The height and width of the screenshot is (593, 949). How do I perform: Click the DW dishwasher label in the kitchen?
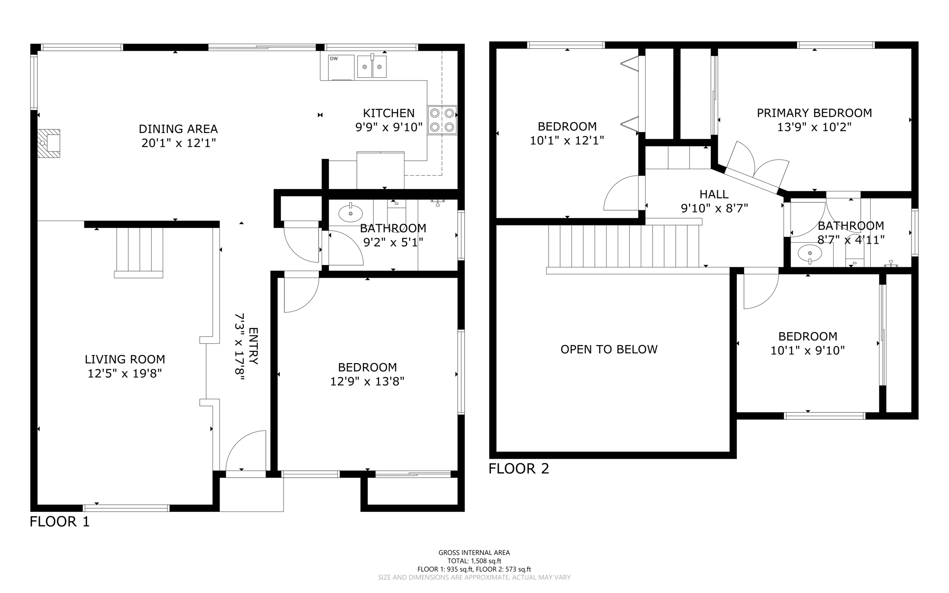click(x=334, y=58)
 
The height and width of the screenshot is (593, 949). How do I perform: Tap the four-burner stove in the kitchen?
click(x=442, y=120)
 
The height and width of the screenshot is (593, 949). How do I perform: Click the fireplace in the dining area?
click(x=49, y=143)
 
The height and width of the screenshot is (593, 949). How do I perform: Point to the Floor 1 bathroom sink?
click(x=350, y=214)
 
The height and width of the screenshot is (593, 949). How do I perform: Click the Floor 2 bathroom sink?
click(x=810, y=253)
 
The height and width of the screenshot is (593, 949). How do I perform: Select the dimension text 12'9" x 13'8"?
click(x=367, y=381)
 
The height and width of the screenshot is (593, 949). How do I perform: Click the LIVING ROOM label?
click(x=125, y=359)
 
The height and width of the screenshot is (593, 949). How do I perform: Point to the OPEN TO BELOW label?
click(x=609, y=349)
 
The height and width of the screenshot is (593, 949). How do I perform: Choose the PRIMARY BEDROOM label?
click(x=814, y=113)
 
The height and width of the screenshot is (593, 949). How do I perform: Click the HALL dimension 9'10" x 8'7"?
click(x=714, y=208)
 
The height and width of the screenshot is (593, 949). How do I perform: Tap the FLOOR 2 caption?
click(x=519, y=469)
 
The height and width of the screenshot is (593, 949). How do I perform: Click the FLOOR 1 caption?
click(x=59, y=522)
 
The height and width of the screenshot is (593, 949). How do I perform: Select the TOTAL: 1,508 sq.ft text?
click(x=474, y=561)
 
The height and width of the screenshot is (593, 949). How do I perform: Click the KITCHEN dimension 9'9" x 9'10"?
click(x=389, y=127)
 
